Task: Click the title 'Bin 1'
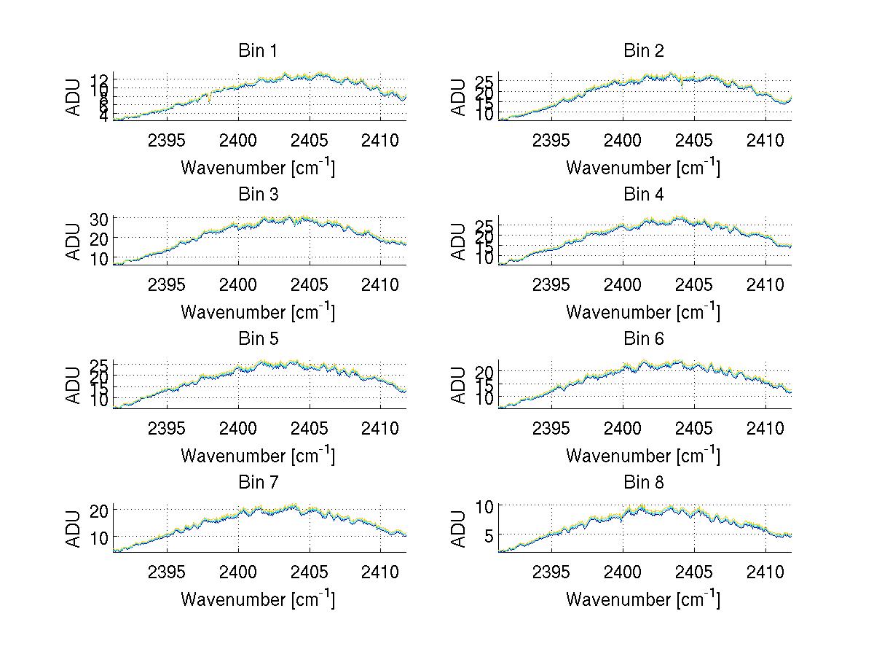(x=258, y=50)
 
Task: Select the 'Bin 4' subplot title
(x=644, y=195)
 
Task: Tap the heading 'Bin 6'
(x=644, y=338)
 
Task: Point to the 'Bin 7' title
(x=258, y=482)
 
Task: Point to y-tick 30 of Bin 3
(x=99, y=219)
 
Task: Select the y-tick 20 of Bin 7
(x=99, y=510)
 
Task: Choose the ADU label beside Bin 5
(x=74, y=385)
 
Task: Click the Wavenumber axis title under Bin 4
(x=643, y=311)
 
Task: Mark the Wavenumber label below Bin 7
(x=258, y=599)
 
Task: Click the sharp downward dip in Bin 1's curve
(x=210, y=98)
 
